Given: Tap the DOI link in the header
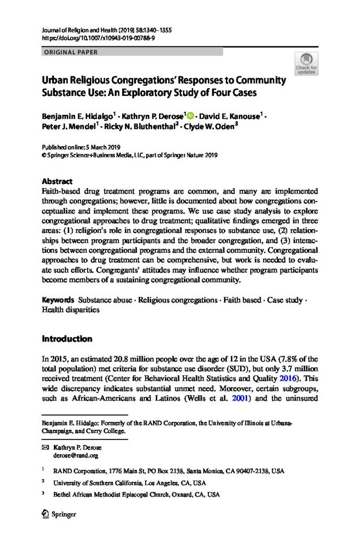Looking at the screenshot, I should [x=91, y=39].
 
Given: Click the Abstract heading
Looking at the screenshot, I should [x=57, y=182].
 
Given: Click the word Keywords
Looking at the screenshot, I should [x=58, y=300].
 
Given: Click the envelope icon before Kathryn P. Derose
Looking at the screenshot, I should [x=45, y=448].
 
